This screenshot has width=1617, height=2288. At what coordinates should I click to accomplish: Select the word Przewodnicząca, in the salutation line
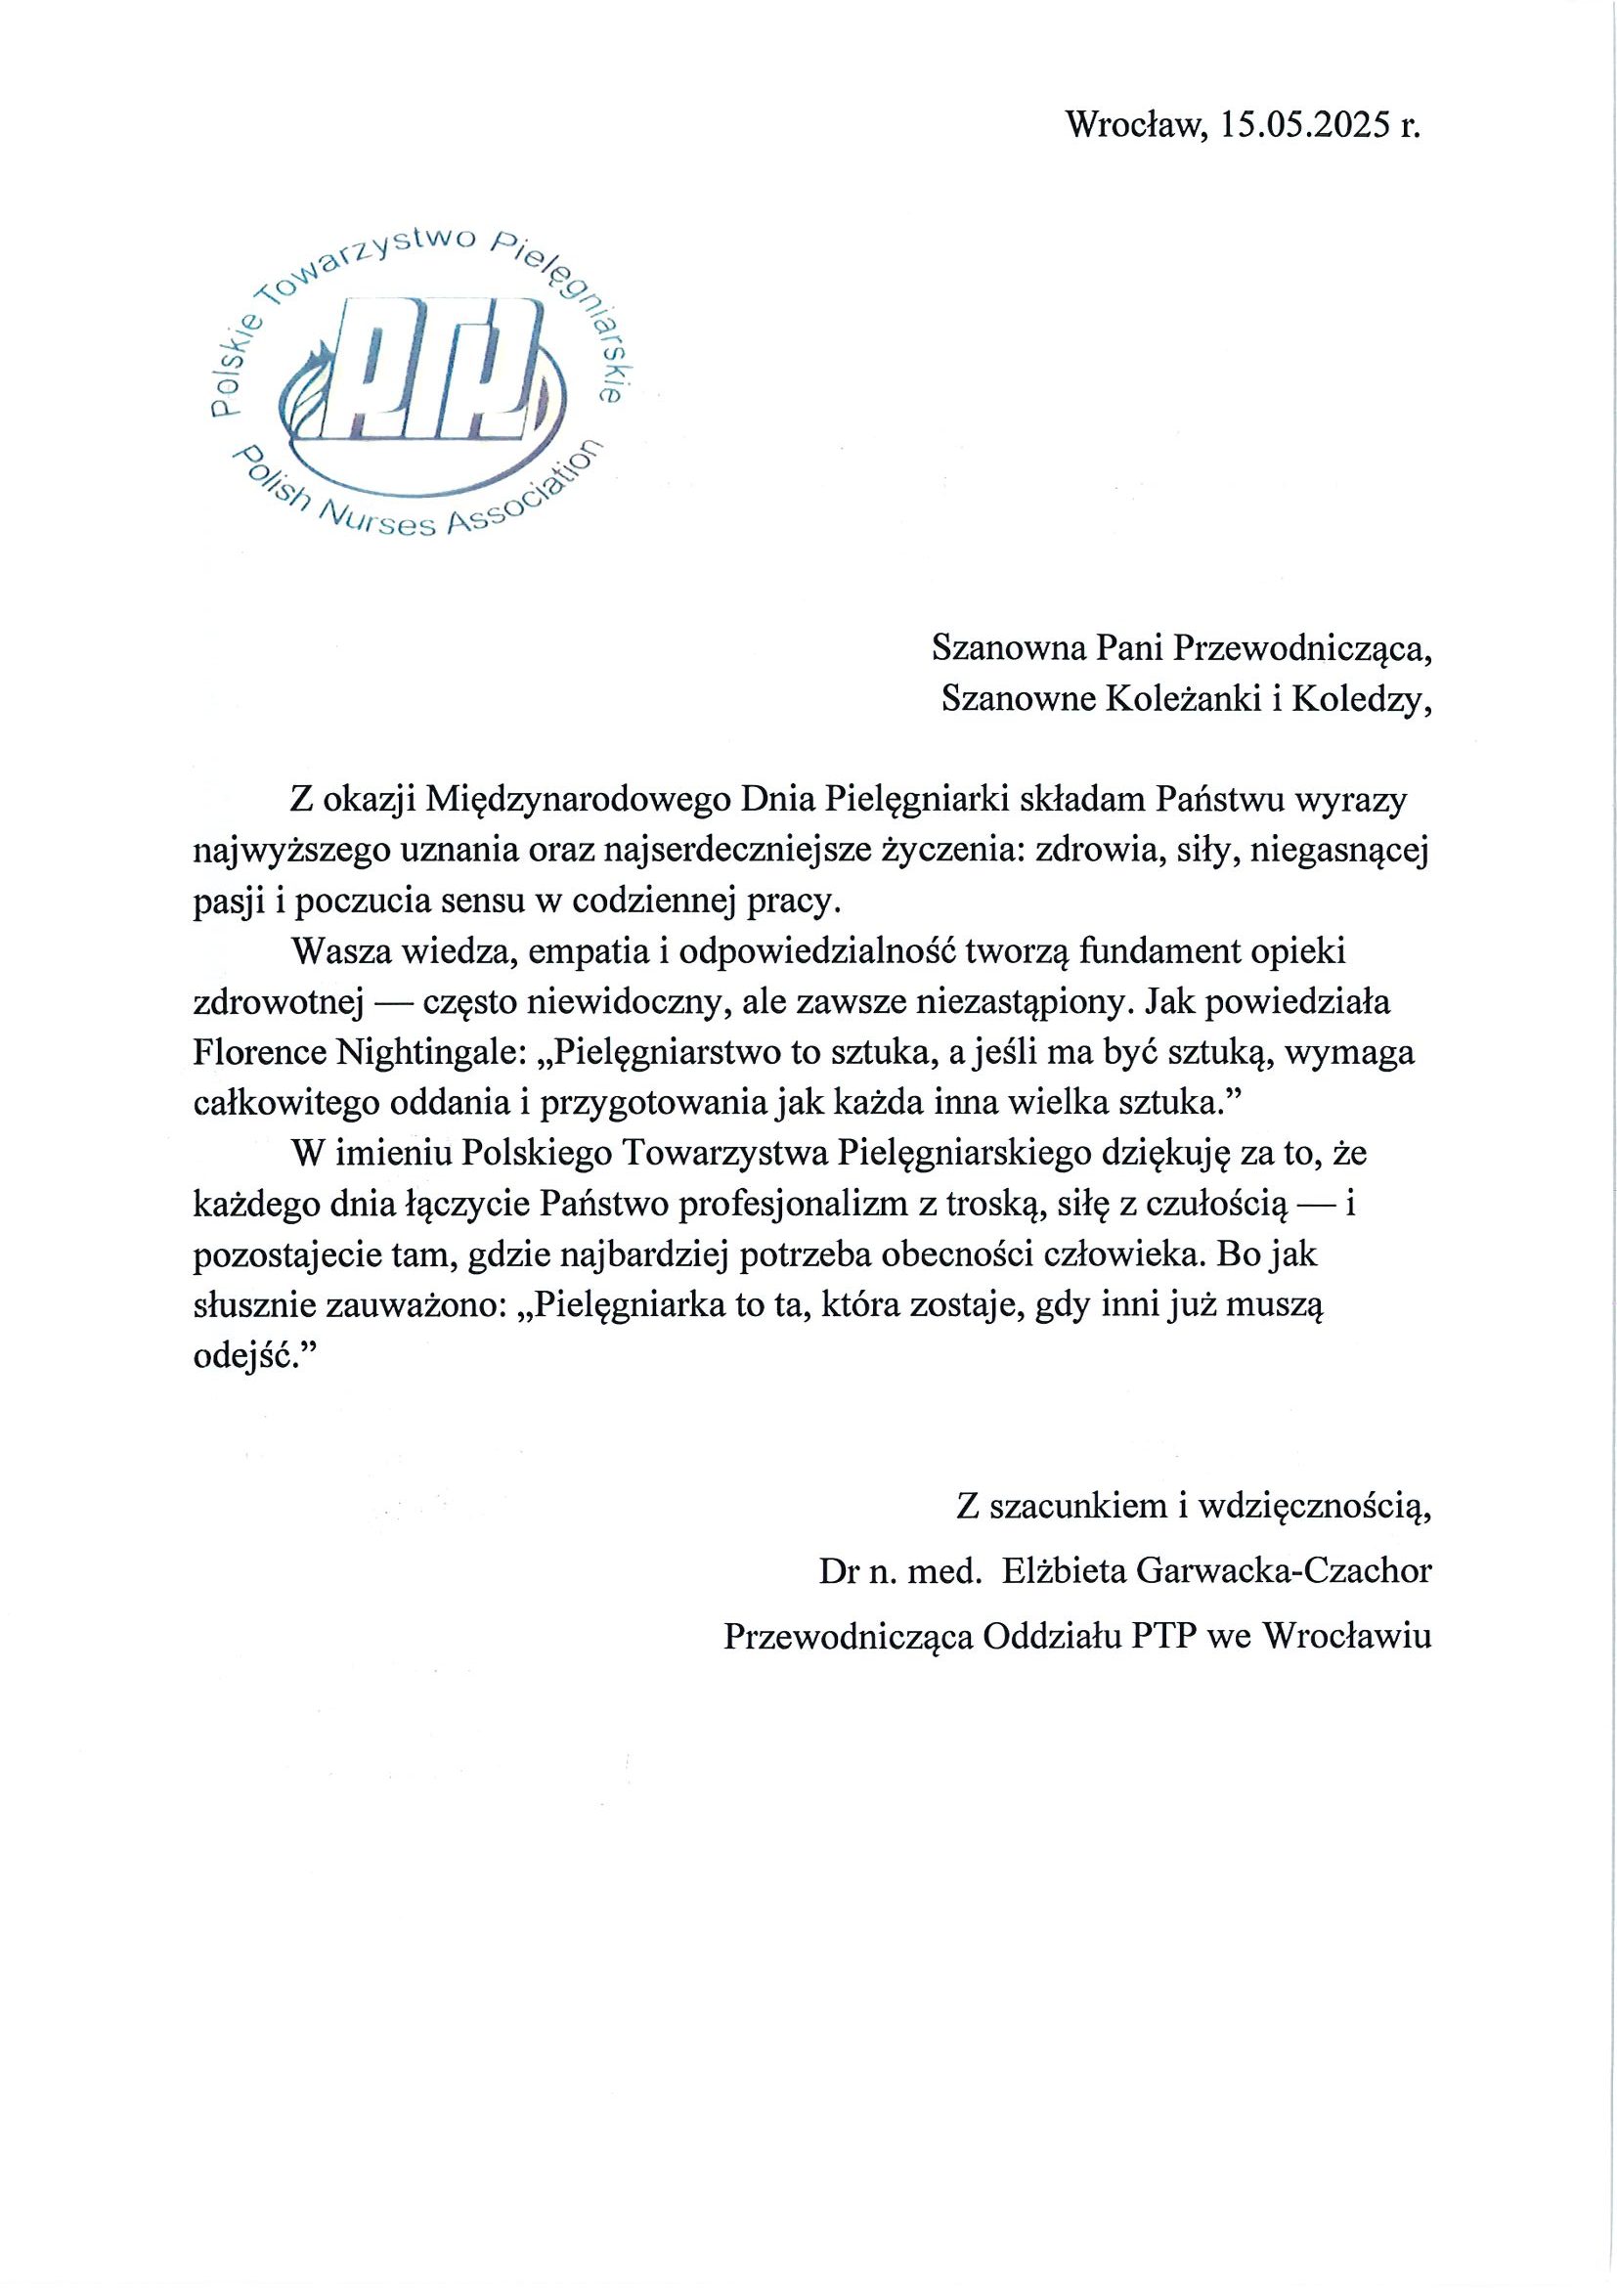click(x=1303, y=648)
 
